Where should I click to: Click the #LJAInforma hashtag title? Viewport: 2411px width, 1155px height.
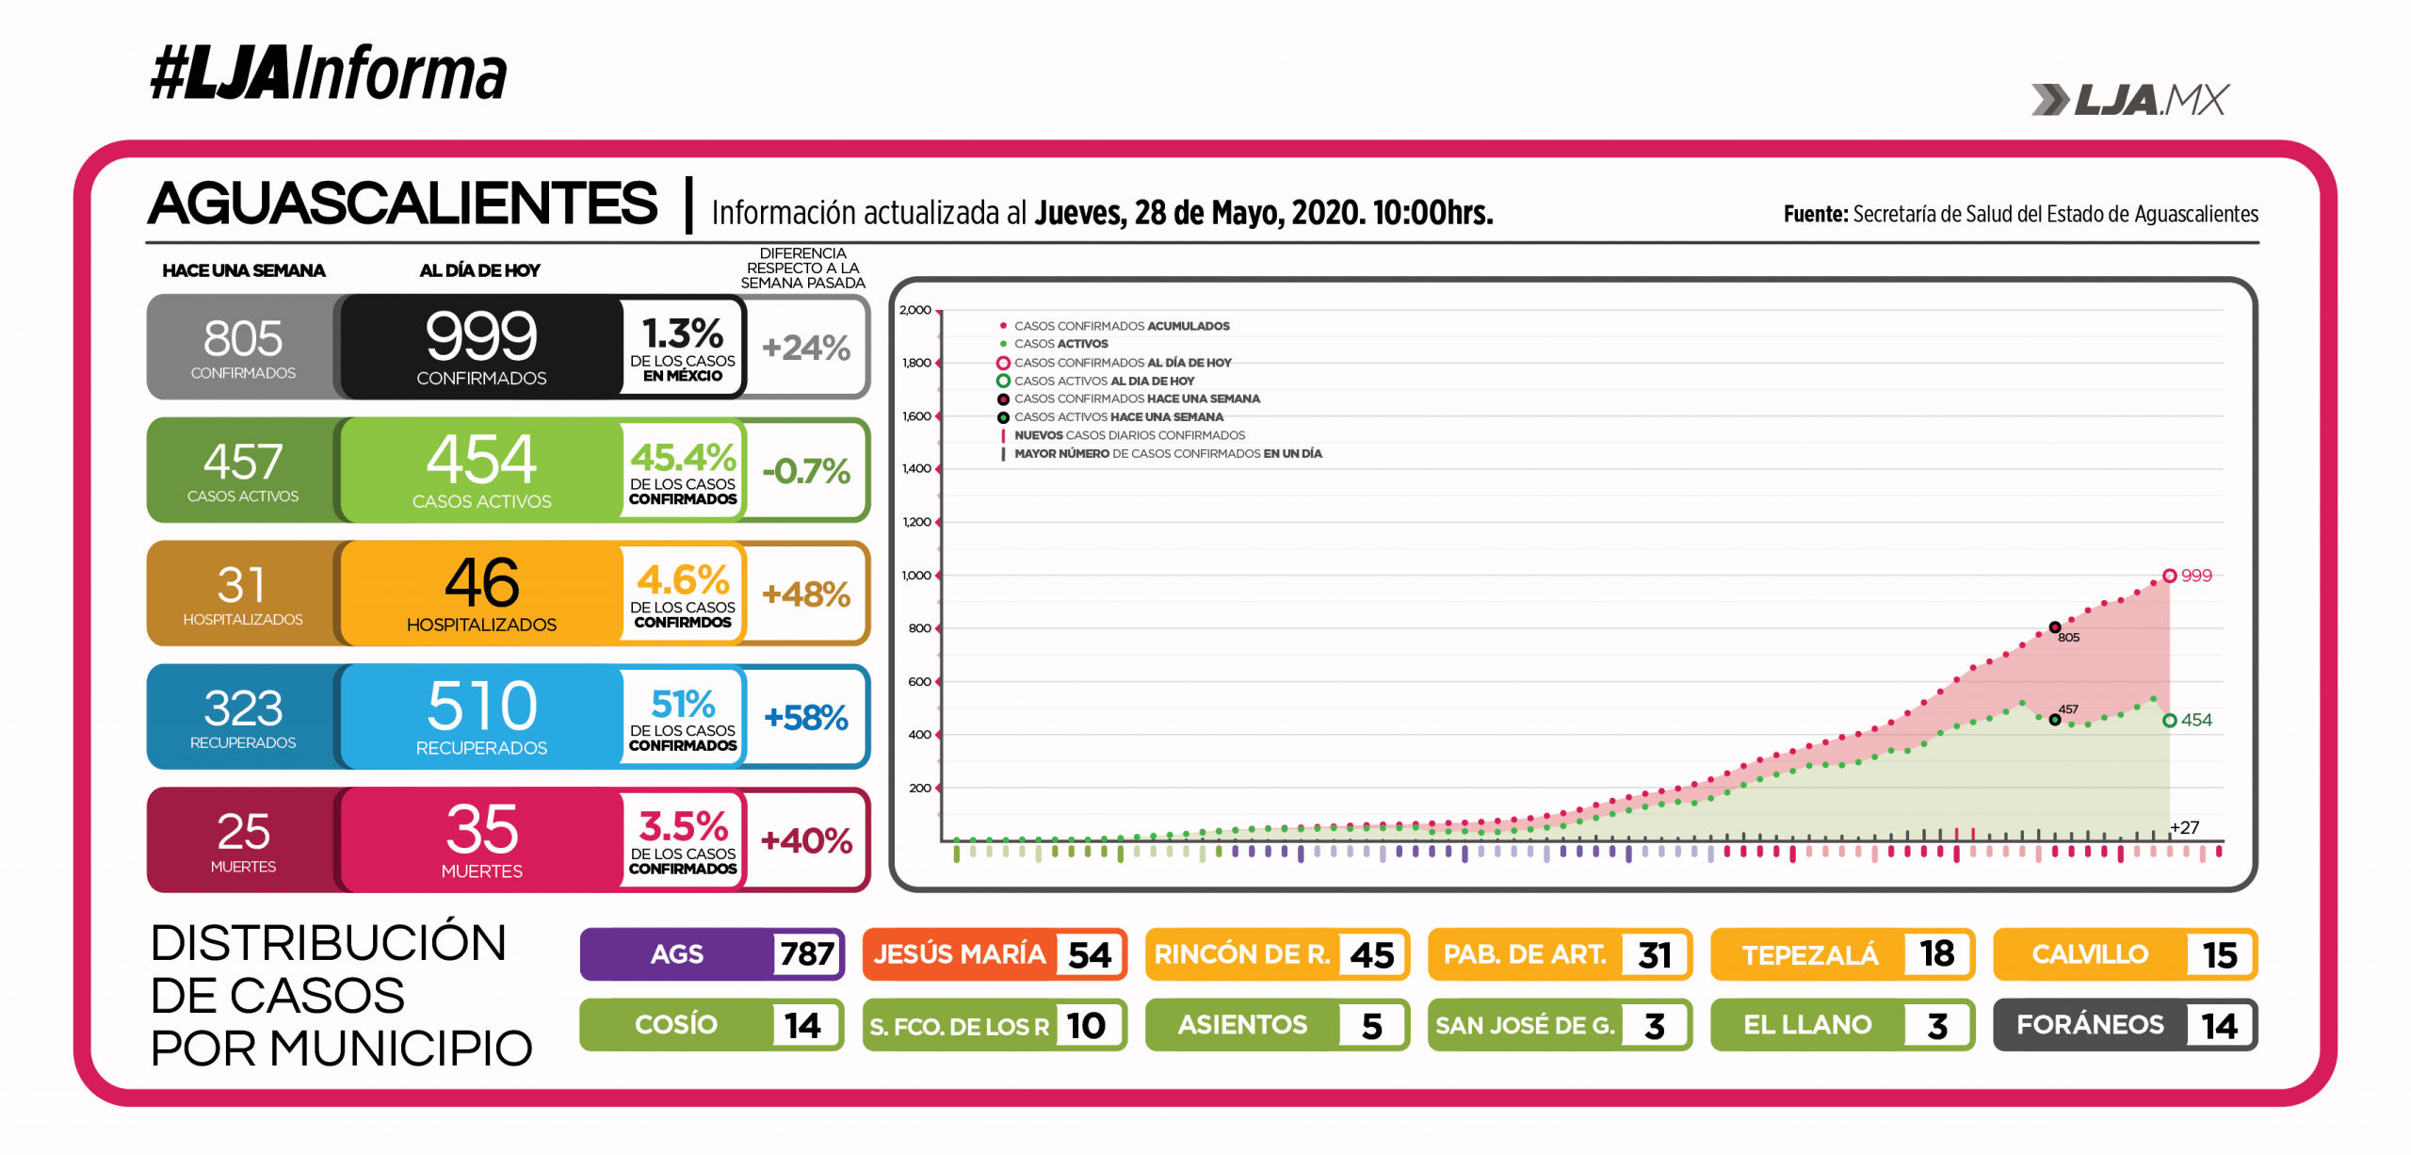pyautogui.click(x=328, y=73)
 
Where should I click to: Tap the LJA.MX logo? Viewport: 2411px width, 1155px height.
pyautogui.click(x=2130, y=100)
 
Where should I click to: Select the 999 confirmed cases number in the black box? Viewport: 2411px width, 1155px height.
pyautogui.click(x=481, y=336)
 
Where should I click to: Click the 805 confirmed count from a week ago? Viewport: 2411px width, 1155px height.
pyautogui.click(x=243, y=338)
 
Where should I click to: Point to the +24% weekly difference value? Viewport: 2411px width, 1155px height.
pyautogui.click(x=806, y=348)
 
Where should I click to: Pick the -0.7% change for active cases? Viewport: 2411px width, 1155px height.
pyautogui.click(x=806, y=471)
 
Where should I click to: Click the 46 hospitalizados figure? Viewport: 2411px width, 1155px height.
pyautogui.click(x=481, y=583)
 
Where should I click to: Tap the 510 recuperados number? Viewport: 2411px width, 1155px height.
pyautogui.click(x=481, y=706)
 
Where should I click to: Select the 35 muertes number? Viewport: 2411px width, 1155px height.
pyautogui.click(x=481, y=829)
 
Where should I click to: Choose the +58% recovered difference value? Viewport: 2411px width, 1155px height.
pyautogui.click(x=806, y=718)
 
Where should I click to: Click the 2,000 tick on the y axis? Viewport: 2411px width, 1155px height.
pyautogui.click(x=914, y=310)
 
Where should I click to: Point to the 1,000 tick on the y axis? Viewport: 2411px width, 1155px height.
pyautogui.click(x=915, y=576)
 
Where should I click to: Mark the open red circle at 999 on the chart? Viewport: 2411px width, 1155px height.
pyautogui.click(x=2169, y=576)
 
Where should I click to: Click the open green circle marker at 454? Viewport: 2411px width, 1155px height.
pyautogui.click(x=2169, y=721)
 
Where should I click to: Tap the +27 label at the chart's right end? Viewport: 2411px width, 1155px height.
pyautogui.click(x=2184, y=827)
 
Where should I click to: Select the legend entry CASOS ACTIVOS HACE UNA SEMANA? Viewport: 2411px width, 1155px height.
pyautogui.click(x=1118, y=417)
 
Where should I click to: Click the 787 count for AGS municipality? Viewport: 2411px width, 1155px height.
pyautogui.click(x=806, y=953)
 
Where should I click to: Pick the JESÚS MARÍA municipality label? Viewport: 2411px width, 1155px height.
pyautogui.click(x=959, y=953)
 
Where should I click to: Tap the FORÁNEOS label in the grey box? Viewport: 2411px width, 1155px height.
pyautogui.click(x=2089, y=1024)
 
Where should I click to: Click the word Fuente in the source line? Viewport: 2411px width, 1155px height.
pyautogui.click(x=1815, y=215)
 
